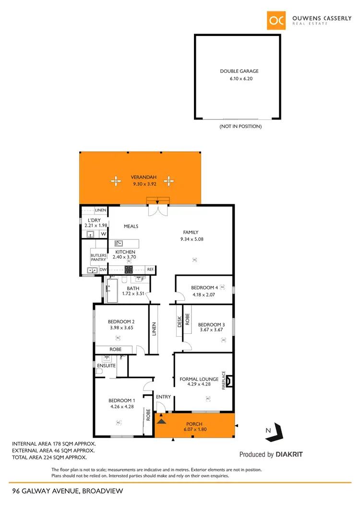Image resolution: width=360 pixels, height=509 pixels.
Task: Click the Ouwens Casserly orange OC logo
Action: point(277,20)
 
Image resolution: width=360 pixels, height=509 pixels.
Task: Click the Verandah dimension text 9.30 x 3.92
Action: point(144,183)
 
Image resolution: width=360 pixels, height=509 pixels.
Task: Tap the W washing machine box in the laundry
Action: point(103,234)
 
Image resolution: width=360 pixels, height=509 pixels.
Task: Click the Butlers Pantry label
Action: point(98,258)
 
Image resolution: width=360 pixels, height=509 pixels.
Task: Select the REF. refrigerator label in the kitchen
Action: point(150,270)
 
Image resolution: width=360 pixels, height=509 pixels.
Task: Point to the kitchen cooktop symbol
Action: point(128,270)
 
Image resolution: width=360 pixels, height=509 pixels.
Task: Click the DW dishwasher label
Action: point(103,270)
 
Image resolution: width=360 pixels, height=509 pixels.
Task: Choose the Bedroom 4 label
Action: point(204,288)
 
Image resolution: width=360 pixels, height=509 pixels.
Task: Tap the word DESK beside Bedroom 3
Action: point(180,321)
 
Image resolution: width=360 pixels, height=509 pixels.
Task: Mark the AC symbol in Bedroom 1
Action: point(118,423)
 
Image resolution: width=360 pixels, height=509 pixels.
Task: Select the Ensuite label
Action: point(107,366)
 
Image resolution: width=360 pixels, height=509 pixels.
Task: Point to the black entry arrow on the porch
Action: point(162,421)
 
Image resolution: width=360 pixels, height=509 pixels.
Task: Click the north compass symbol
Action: point(275,433)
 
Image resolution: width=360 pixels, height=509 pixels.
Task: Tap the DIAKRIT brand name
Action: point(289,454)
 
